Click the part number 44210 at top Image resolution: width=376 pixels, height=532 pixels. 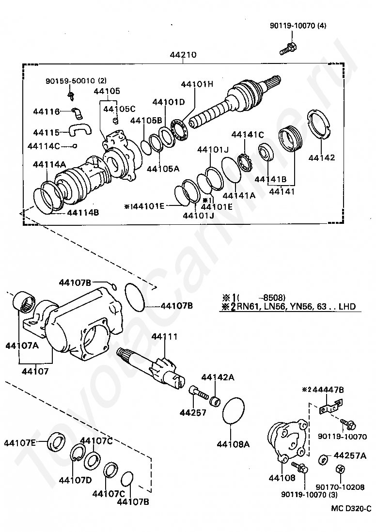click(183, 55)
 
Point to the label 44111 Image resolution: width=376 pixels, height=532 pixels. click(164, 337)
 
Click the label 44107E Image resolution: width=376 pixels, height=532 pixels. click(20, 442)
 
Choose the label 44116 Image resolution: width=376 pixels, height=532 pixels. click(46, 111)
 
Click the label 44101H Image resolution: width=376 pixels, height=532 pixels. click(197, 84)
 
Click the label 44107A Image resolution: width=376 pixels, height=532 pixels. click(22, 345)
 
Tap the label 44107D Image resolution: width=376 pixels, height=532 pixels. click(75, 480)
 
